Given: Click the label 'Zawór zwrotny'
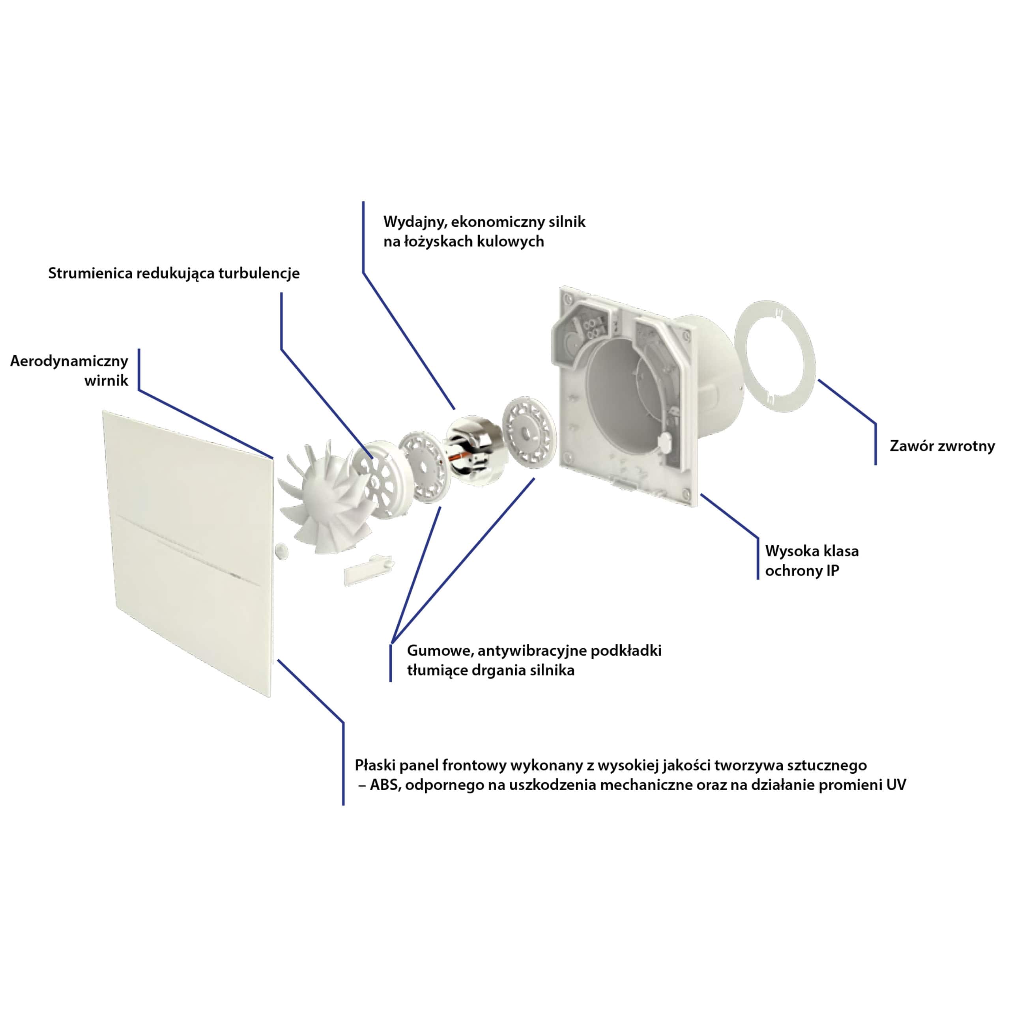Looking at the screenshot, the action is (x=942, y=446).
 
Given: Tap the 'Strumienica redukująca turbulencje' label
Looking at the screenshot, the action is (x=174, y=273).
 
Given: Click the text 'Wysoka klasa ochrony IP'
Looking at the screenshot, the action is (x=812, y=560).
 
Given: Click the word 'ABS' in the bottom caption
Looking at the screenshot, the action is (x=385, y=785).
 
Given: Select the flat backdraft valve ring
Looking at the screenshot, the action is (x=775, y=357).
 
